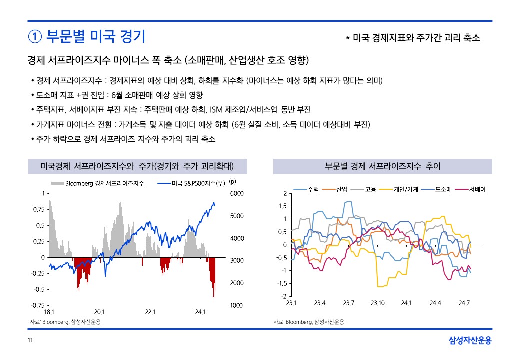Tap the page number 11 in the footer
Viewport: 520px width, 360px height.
click(x=30, y=341)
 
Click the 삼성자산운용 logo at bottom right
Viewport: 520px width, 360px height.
click(x=470, y=341)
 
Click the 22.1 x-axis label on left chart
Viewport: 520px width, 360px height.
click(x=150, y=312)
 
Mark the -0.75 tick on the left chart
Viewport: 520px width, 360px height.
click(x=38, y=305)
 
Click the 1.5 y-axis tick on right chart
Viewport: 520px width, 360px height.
click(x=283, y=206)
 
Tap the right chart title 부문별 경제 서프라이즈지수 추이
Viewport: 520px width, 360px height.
click(x=382, y=166)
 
